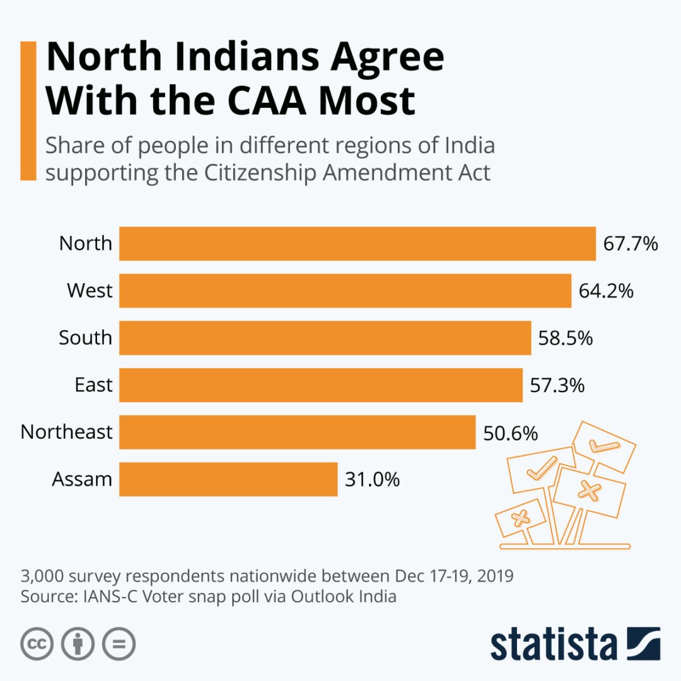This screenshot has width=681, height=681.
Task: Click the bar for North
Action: click(x=358, y=243)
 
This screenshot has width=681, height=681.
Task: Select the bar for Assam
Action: click(x=228, y=479)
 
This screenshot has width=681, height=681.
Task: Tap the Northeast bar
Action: click(x=297, y=432)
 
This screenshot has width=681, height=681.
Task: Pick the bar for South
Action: click(x=325, y=338)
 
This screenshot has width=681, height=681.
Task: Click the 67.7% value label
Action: click(x=631, y=243)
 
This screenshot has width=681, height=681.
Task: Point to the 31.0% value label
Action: click(x=372, y=479)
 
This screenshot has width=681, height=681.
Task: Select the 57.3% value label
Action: click(x=557, y=385)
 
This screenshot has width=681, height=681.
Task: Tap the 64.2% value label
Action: click(x=605, y=291)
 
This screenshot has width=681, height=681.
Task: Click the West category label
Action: click(x=90, y=291)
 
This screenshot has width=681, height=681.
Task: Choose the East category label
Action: click(x=93, y=385)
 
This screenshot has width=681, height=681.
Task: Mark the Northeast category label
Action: click(x=66, y=432)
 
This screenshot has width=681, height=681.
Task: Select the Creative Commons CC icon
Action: click(x=37, y=644)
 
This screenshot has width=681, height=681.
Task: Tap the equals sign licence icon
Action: click(x=119, y=644)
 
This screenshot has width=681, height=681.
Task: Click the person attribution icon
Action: click(x=78, y=644)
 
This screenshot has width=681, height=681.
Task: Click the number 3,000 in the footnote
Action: click(x=43, y=576)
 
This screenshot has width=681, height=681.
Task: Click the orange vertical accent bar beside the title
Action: click(x=28, y=111)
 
